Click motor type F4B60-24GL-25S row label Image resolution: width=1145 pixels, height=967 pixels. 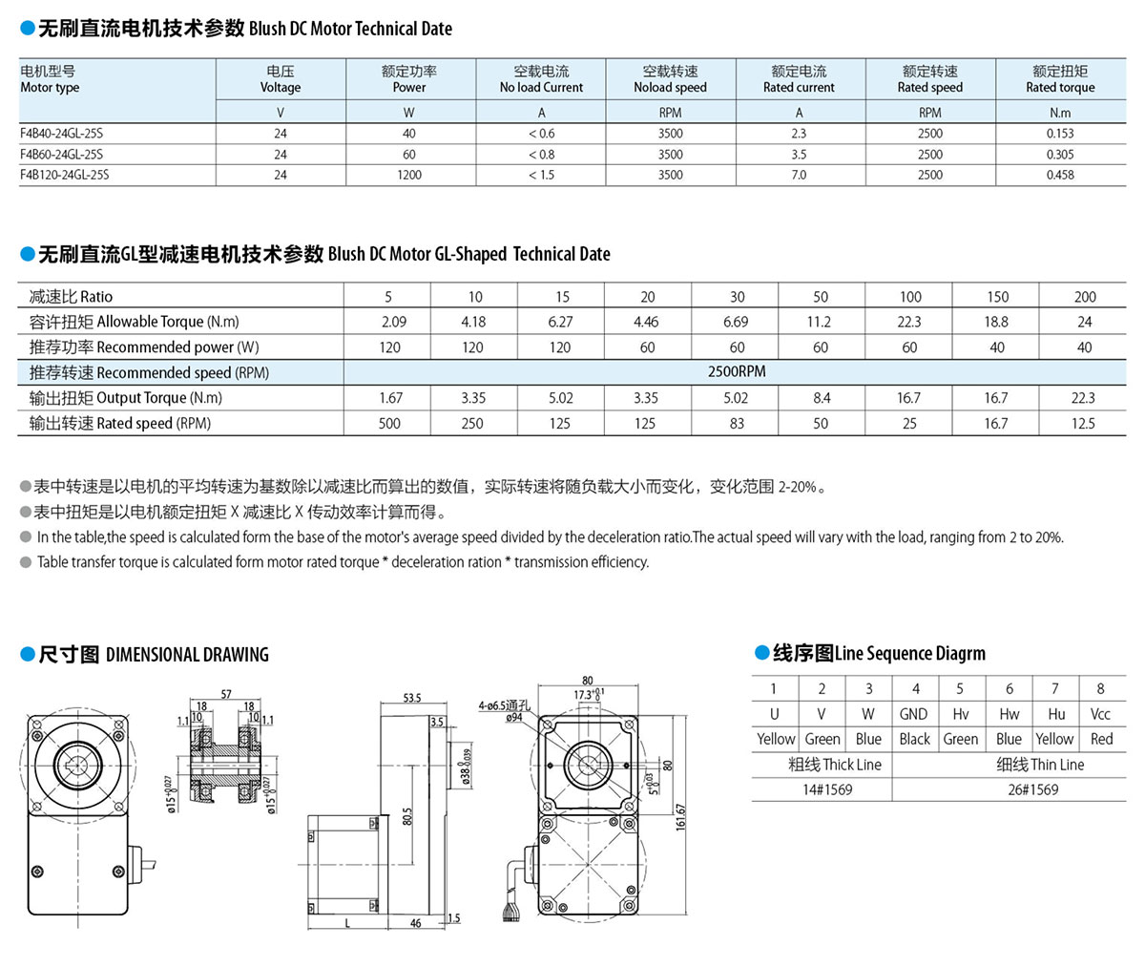pos(62,154)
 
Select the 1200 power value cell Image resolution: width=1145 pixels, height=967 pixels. pos(409,175)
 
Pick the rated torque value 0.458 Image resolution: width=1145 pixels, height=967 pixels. pos(1060,175)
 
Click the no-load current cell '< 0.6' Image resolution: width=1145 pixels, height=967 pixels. pos(541,134)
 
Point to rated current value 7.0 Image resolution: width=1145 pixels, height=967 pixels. pos(799,175)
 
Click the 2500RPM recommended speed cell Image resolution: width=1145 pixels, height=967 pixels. pos(737,371)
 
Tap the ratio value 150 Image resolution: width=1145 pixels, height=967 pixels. pos(997,297)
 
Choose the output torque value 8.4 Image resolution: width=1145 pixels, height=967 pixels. pos(821,398)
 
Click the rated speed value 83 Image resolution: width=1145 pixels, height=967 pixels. pos(737,423)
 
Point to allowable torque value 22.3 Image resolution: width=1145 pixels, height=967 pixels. pos(909,322)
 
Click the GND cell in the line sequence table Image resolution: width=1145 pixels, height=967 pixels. pos(913,714)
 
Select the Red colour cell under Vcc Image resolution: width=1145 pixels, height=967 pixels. pos(1101,739)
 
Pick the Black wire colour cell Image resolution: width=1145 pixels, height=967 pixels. pos(914,739)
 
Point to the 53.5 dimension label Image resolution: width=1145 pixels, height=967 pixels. pos(411,698)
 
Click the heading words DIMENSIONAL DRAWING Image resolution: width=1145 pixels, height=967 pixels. pos(187,655)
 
